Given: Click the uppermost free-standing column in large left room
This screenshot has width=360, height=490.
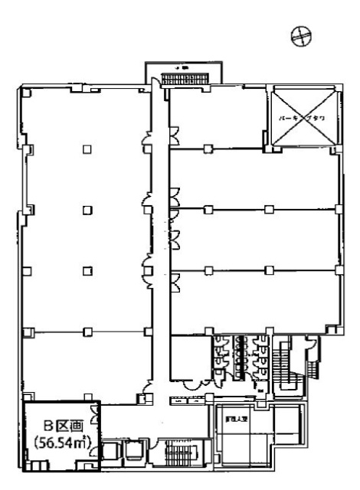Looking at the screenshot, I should point(87,149).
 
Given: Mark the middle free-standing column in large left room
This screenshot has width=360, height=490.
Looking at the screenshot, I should point(87,209).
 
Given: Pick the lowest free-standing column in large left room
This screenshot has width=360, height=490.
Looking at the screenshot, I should point(87,269).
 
